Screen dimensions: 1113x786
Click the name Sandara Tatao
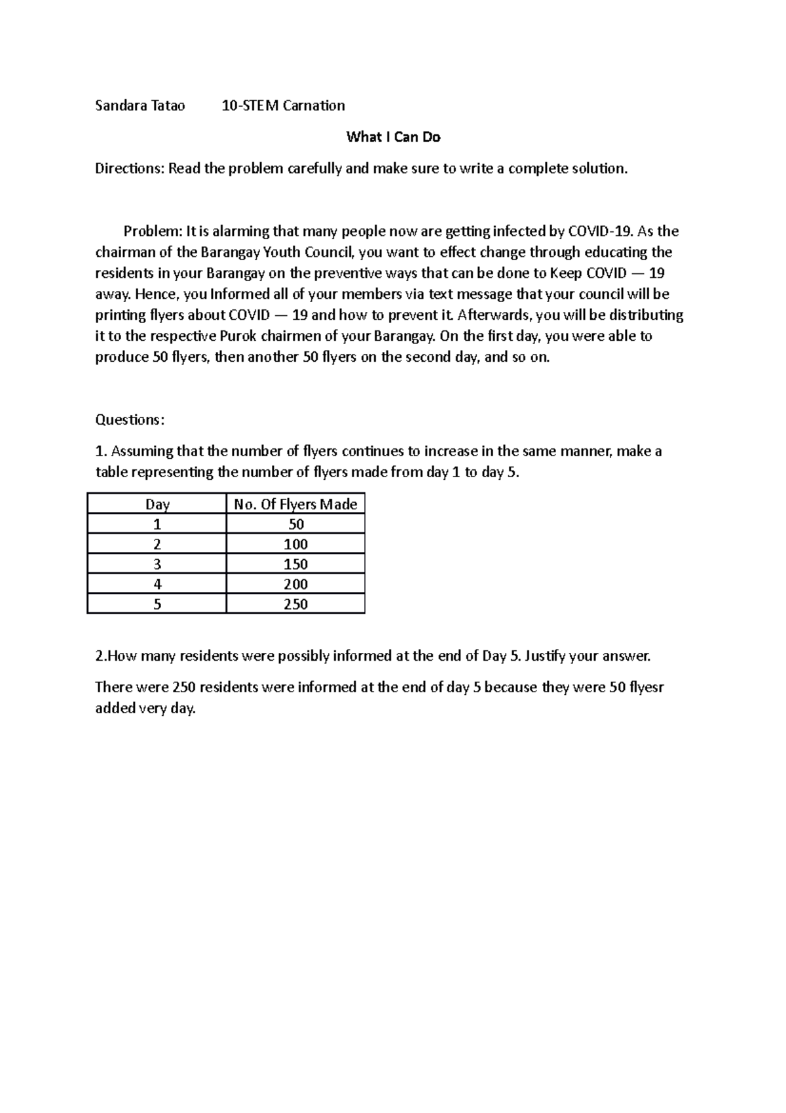click(140, 106)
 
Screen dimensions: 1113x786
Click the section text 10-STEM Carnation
click(283, 106)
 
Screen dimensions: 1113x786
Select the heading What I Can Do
click(393, 137)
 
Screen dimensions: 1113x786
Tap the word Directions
click(129, 168)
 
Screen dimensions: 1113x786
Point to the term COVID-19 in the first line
click(600, 231)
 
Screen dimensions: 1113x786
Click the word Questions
click(130, 420)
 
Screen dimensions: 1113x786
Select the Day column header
click(157, 504)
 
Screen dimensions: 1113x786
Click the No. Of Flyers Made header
click(295, 504)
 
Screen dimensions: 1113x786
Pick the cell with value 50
click(295, 524)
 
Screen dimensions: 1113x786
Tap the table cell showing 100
click(295, 544)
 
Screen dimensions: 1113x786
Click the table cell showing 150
click(295, 564)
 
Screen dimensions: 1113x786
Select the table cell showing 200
click(295, 584)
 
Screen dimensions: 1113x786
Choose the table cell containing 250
click(295, 604)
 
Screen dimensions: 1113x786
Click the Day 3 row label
click(157, 564)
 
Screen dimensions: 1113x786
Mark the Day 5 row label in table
click(157, 604)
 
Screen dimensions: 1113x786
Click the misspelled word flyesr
click(646, 688)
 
